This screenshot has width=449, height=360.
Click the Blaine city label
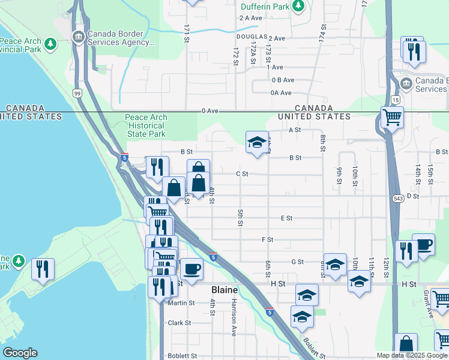coord(224,290)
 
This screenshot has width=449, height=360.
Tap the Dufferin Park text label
coord(265,7)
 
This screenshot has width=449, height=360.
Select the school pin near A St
coord(257,143)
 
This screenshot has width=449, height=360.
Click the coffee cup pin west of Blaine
coord(191,269)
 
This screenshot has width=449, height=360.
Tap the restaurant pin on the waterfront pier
coord(43,269)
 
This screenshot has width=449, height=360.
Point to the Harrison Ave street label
coord(234,317)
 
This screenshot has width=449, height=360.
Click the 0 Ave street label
coord(209,111)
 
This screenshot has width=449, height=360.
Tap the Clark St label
coord(179,323)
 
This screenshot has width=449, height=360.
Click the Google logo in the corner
coord(20,353)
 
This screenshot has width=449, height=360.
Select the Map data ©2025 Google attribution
coord(412,355)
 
